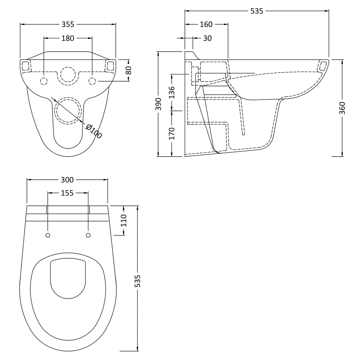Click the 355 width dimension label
[x=68, y=25]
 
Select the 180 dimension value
[x=68, y=38]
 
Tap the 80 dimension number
[x=128, y=71]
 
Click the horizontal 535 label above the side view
[x=257, y=11]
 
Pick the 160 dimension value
[x=206, y=25]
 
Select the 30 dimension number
[x=208, y=38]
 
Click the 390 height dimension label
[x=159, y=104]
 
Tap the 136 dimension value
[x=172, y=92]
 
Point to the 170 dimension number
[x=172, y=133]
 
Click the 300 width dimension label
[x=67, y=180]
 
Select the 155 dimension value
[x=67, y=193]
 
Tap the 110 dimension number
[x=124, y=221]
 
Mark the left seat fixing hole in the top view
[x=48, y=235]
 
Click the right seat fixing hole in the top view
[x=88, y=235]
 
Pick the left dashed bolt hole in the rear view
[x=44, y=81]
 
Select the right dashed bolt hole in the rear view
[x=92, y=81]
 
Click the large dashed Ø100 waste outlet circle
[x=68, y=110]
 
